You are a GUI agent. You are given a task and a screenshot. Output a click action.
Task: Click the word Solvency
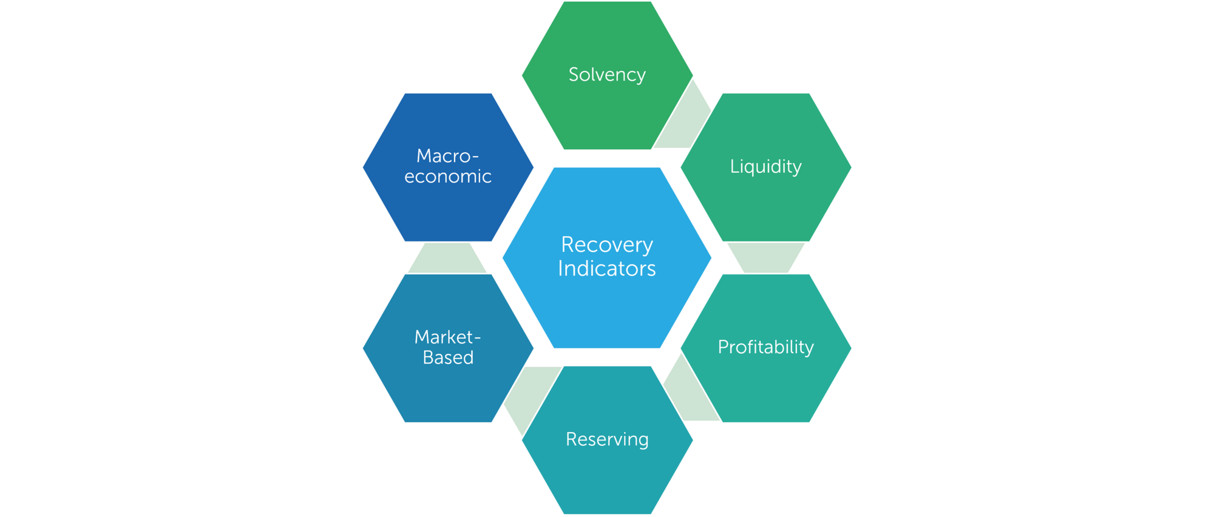pyautogui.click(x=607, y=75)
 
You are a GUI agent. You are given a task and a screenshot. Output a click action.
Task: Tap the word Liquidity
pyautogui.click(x=765, y=166)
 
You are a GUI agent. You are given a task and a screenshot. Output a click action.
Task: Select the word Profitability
pyautogui.click(x=765, y=347)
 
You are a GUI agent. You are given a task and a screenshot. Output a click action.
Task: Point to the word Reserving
pyautogui.click(x=607, y=439)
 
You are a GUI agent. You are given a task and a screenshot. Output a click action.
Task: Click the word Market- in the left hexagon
pyautogui.click(x=447, y=337)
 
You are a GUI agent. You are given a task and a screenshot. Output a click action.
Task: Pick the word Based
pyautogui.click(x=448, y=357)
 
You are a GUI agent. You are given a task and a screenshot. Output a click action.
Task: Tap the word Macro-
pyautogui.click(x=447, y=156)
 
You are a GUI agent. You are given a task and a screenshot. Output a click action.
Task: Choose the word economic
pyautogui.click(x=448, y=177)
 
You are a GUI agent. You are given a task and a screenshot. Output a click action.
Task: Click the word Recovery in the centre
pyautogui.click(x=607, y=245)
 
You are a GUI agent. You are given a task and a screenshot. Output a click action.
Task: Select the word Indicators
pyautogui.click(x=607, y=268)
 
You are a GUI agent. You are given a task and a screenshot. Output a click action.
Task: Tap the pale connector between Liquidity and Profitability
pyautogui.click(x=766, y=258)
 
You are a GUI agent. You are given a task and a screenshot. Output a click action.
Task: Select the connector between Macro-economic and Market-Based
pyautogui.click(x=447, y=258)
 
